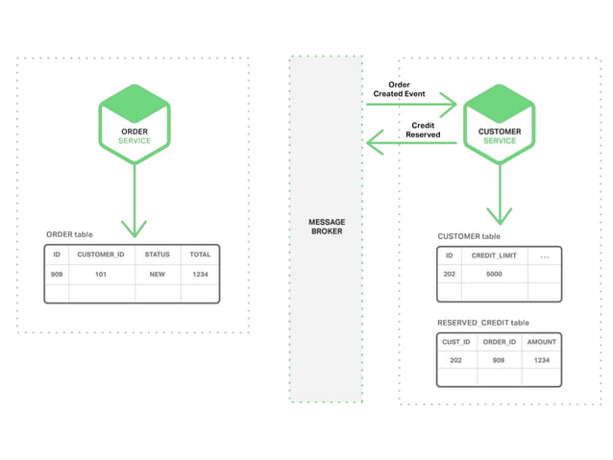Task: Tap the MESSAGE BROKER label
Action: click(x=327, y=227)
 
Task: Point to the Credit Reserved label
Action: click(x=423, y=130)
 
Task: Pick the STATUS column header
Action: click(x=157, y=254)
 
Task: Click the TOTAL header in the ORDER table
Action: click(x=199, y=254)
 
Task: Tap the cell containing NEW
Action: click(x=157, y=275)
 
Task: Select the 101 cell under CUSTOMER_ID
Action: click(x=101, y=275)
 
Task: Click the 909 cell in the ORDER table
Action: click(x=57, y=275)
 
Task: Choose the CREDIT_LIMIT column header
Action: click(x=494, y=256)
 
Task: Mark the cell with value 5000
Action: click(x=494, y=275)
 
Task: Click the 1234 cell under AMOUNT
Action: click(x=541, y=360)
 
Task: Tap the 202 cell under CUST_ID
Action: click(x=456, y=360)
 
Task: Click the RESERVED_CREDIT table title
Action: click(x=483, y=323)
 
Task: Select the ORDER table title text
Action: click(x=69, y=234)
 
